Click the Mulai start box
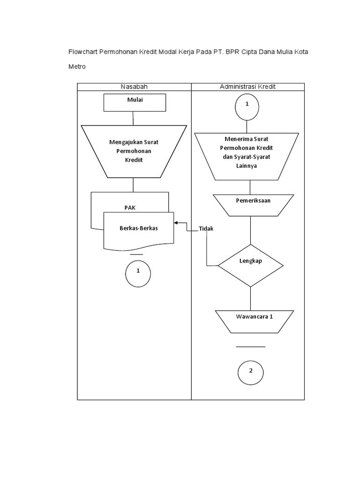(135, 102)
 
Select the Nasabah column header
(135, 87)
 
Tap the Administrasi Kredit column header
(248, 87)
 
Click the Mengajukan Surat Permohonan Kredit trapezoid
(134, 151)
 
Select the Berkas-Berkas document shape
(138, 228)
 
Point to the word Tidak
(207, 229)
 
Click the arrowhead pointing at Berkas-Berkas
(176, 223)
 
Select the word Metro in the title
(77, 67)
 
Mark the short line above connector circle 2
(250, 347)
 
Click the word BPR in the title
(232, 51)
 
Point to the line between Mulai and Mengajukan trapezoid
(134, 118)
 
